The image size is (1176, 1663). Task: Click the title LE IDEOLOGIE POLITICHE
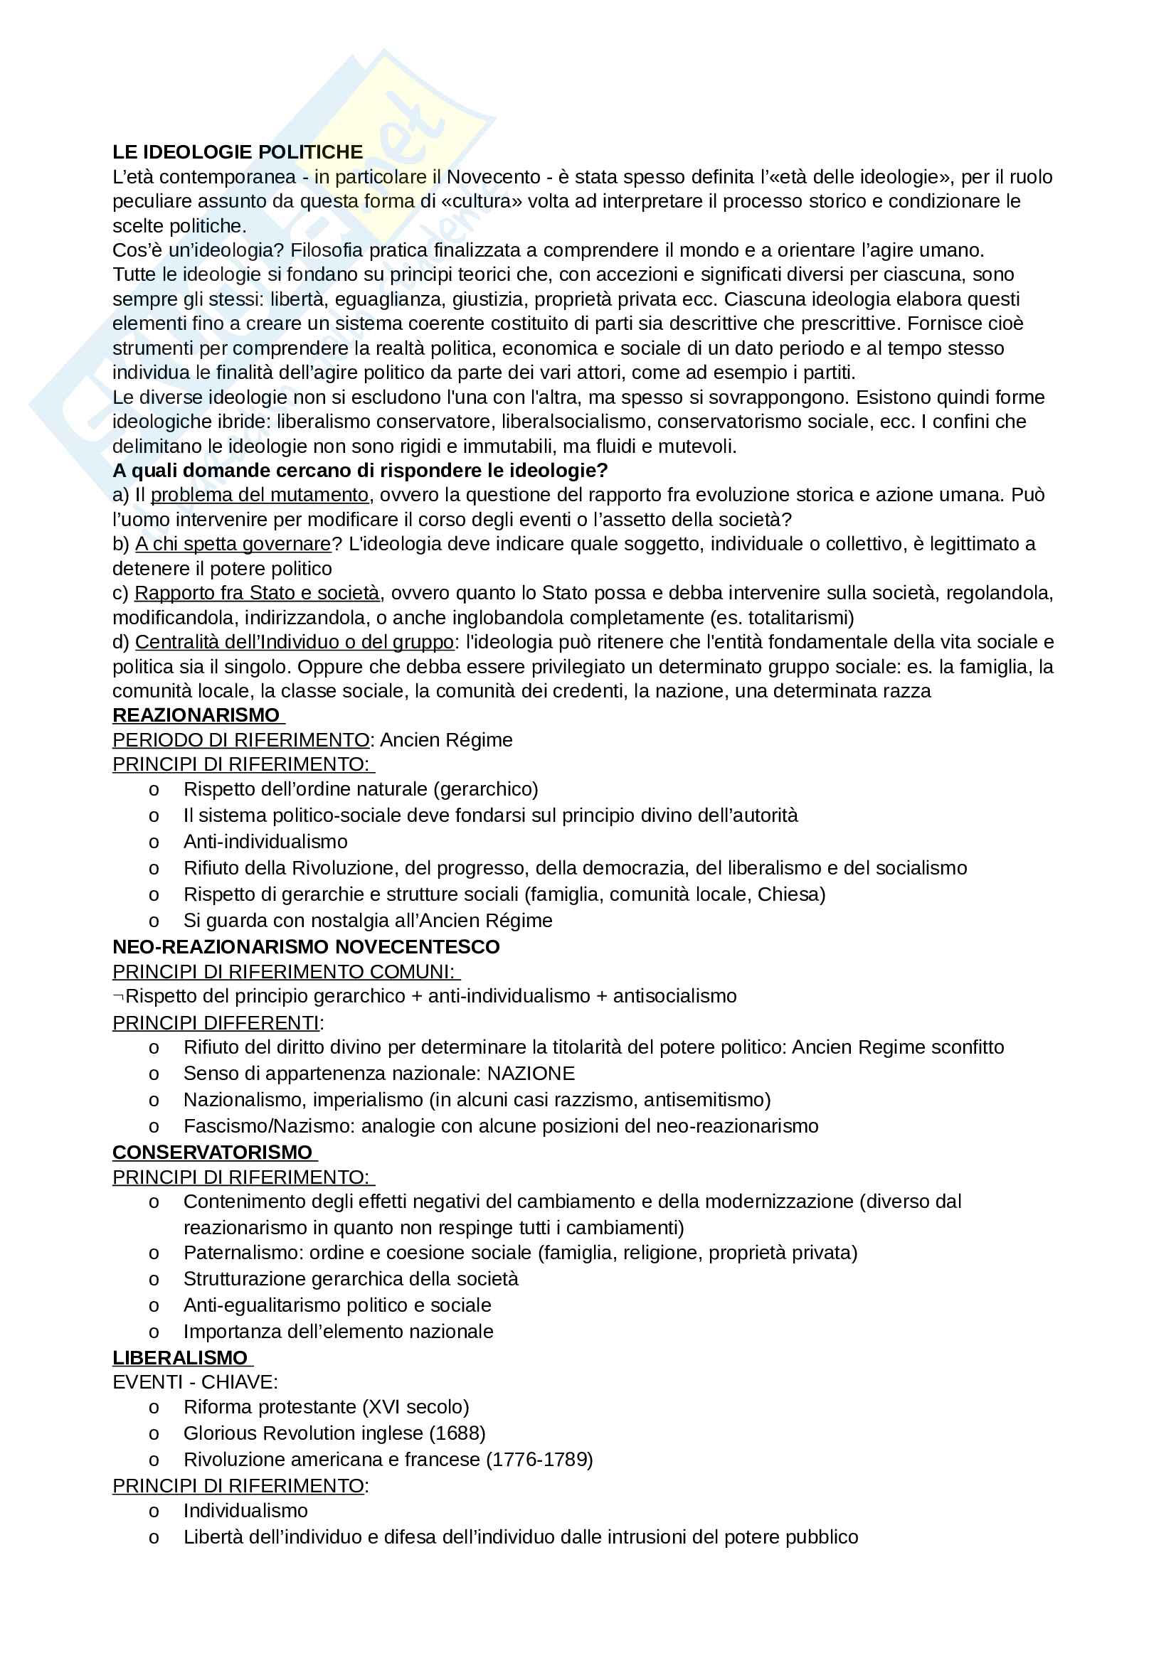point(238,152)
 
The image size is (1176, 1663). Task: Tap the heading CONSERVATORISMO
point(212,1153)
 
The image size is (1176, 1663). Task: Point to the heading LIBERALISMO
point(181,1357)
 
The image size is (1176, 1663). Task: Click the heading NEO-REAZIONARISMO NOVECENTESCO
point(306,946)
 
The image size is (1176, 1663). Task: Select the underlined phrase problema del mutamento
point(260,495)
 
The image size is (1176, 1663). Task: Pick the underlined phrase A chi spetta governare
point(233,544)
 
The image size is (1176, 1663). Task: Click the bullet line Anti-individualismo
point(265,841)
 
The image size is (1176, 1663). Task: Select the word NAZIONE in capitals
point(531,1074)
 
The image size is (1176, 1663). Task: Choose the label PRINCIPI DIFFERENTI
point(216,1022)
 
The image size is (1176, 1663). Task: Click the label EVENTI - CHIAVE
point(195,1382)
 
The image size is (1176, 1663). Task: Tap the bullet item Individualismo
point(245,1510)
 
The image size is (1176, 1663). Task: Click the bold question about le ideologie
point(360,471)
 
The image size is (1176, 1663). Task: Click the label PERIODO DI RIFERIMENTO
point(240,739)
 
